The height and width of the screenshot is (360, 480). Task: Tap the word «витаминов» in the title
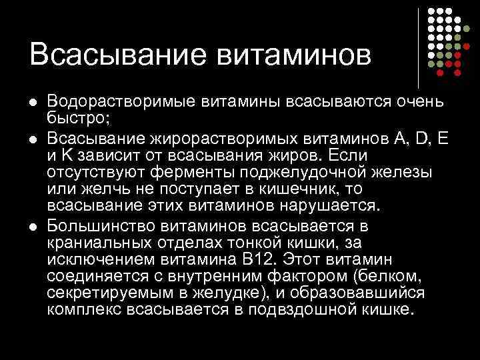(x=294, y=54)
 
